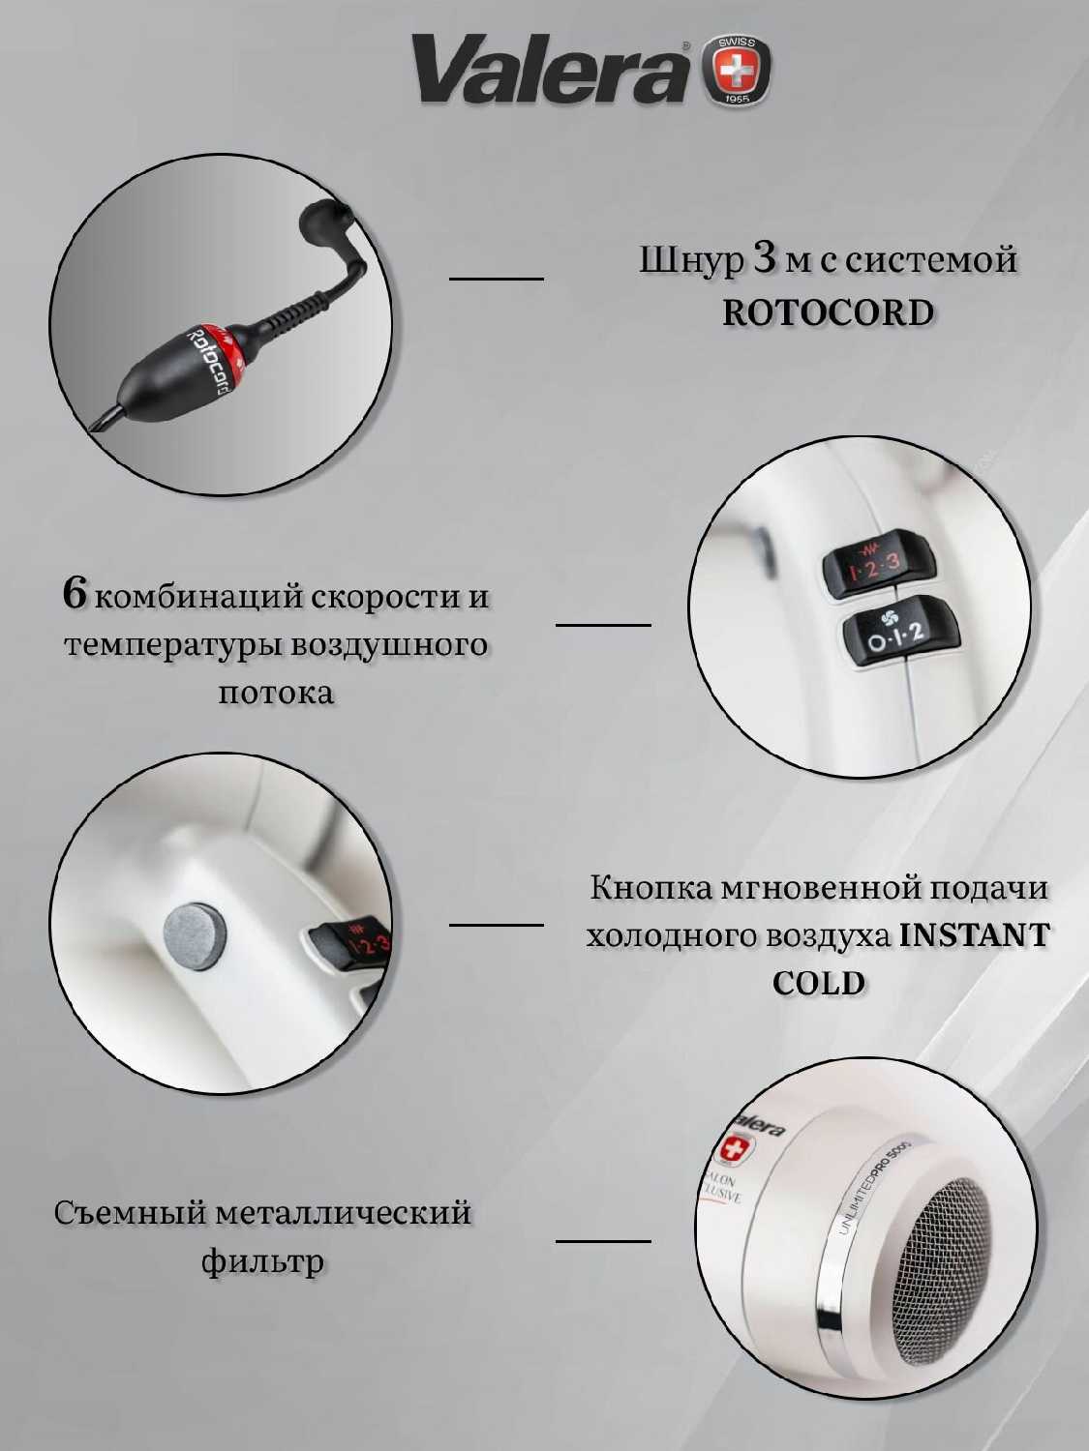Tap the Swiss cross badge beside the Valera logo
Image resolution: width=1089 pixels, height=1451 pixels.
[x=737, y=71]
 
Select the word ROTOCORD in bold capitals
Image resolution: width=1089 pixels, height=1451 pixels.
[x=828, y=312]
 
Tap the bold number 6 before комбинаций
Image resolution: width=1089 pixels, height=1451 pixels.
[x=75, y=594]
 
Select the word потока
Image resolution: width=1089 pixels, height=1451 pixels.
[x=276, y=693]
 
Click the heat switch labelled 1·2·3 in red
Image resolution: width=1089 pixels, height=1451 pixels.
[x=877, y=566]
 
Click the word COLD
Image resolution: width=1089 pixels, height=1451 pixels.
[x=819, y=983]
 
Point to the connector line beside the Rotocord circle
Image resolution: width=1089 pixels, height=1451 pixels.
[x=496, y=279]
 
